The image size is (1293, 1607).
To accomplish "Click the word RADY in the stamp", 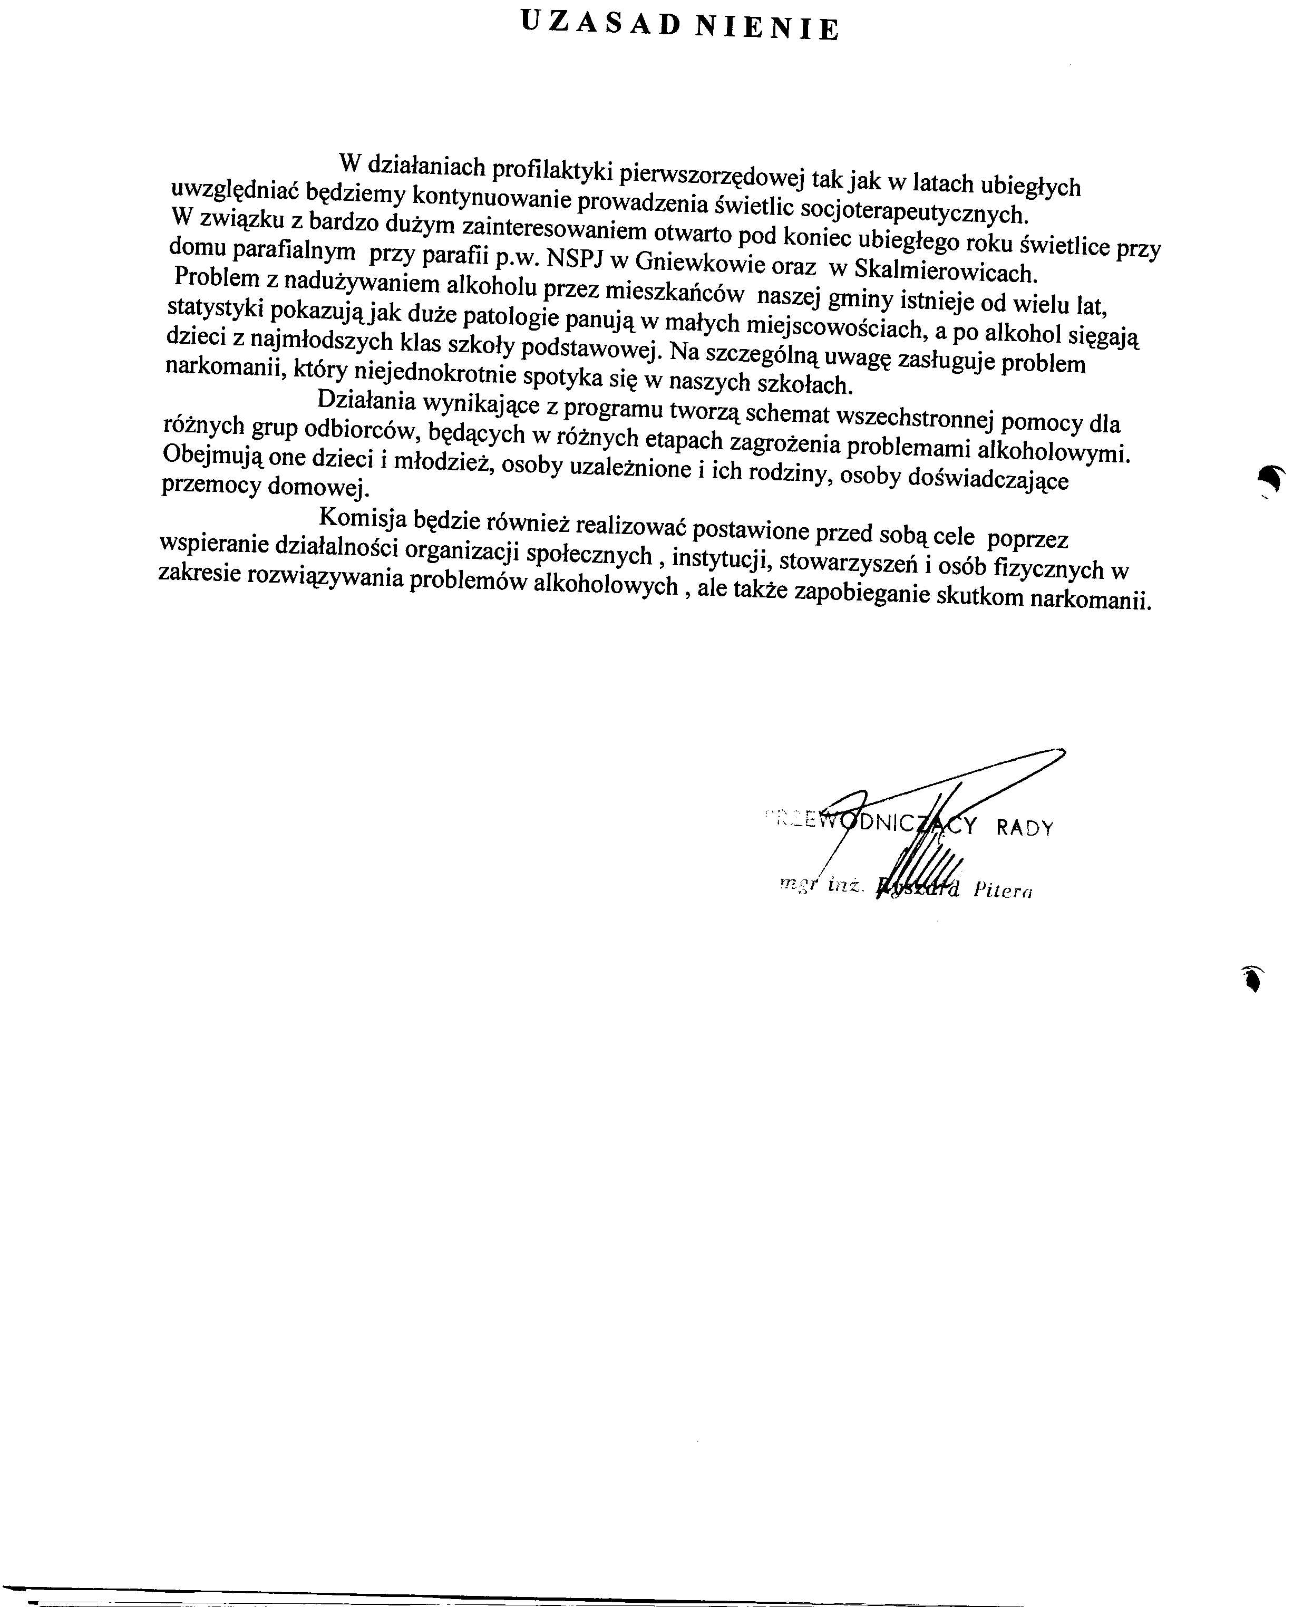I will [1024, 827].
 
